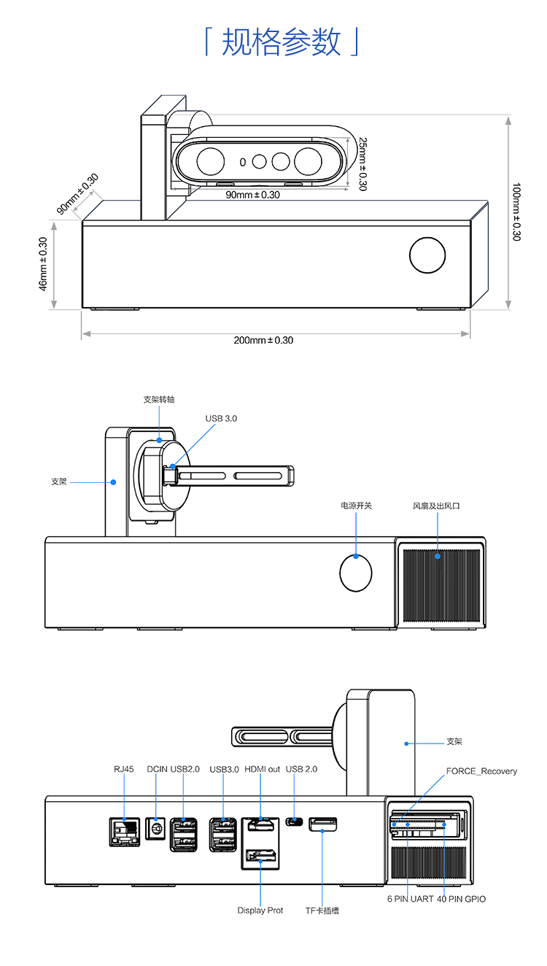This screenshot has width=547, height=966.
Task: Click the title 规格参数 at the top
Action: click(x=281, y=42)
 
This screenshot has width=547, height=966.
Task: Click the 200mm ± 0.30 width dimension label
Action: click(x=263, y=340)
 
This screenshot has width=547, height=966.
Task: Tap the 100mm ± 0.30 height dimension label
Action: click(x=516, y=212)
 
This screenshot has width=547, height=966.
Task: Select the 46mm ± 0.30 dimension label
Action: click(x=43, y=263)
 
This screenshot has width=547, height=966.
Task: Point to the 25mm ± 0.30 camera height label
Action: click(x=362, y=165)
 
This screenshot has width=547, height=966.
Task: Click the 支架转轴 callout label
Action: click(x=159, y=399)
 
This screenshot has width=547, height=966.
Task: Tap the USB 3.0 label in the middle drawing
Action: click(x=221, y=418)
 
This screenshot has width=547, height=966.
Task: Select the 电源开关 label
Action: click(x=356, y=506)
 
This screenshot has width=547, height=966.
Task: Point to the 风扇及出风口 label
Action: click(x=437, y=506)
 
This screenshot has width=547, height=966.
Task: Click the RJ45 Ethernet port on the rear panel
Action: click(x=123, y=831)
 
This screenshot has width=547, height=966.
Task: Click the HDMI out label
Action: click(x=262, y=769)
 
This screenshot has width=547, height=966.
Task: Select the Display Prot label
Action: click(x=260, y=911)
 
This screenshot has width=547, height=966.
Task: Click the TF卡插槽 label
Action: click(x=322, y=911)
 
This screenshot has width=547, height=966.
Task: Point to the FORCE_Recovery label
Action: click(x=481, y=771)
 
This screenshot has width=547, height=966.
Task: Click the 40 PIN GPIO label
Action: click(x=461, y=899)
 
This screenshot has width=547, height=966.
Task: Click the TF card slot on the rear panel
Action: click(x=323, y=824)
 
